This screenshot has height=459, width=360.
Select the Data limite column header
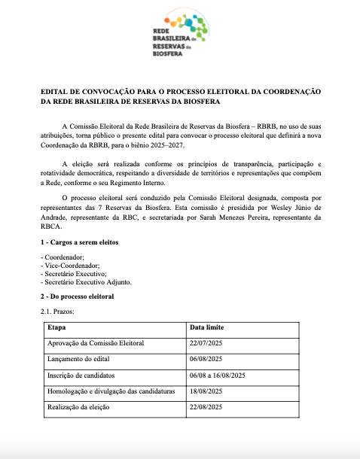206,328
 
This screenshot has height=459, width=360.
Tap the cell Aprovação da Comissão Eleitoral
96,343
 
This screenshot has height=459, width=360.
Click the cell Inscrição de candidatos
83,376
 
